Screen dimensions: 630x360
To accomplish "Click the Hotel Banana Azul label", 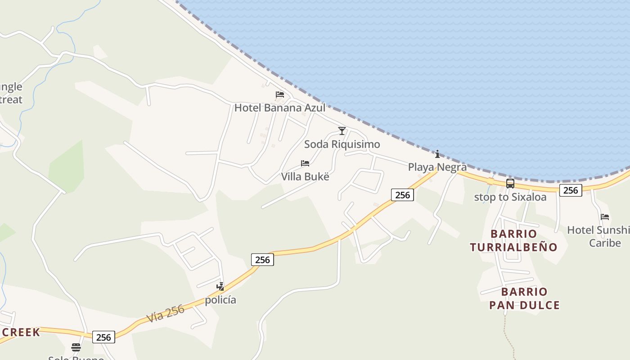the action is [279, 108].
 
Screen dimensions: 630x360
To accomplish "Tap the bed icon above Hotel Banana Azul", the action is [280, 94].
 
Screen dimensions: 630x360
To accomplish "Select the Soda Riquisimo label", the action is [342, 144].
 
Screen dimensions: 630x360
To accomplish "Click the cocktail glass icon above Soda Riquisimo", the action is [342, 131].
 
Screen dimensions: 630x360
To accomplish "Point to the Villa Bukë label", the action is [305, 176].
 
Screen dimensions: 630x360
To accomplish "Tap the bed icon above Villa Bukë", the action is [305, 163].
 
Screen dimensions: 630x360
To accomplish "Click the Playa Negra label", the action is [437, 167].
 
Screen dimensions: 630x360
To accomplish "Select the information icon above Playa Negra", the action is [437, 154].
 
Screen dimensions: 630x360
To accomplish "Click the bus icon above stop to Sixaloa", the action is [510, 184].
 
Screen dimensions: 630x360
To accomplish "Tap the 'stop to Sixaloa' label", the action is [510, 197].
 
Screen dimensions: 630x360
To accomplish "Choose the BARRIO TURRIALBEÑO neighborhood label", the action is [513, 240].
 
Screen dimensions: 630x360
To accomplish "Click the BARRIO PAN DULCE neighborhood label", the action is [524, 298].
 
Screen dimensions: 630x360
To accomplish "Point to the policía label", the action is [220, 300].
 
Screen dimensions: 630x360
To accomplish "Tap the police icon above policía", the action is [220, 286].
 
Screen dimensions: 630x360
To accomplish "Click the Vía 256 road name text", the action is [165, 314].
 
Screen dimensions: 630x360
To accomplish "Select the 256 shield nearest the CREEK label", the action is [103, 337].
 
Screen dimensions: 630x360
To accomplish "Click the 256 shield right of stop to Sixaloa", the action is [571, 190].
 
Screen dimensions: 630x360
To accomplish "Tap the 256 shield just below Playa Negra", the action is [402, 195].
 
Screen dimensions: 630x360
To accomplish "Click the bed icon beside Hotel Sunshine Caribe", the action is [605, 217].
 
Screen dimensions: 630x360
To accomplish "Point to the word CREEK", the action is [22, 333].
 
